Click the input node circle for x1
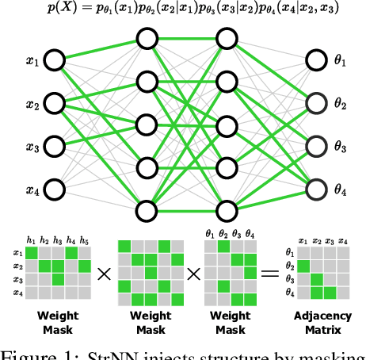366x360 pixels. [x=54, y=60]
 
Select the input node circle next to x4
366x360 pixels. [x=54, y=189]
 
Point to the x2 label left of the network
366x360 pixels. [x=32, y=103]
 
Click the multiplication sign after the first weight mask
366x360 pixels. [x=104, y=274]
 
